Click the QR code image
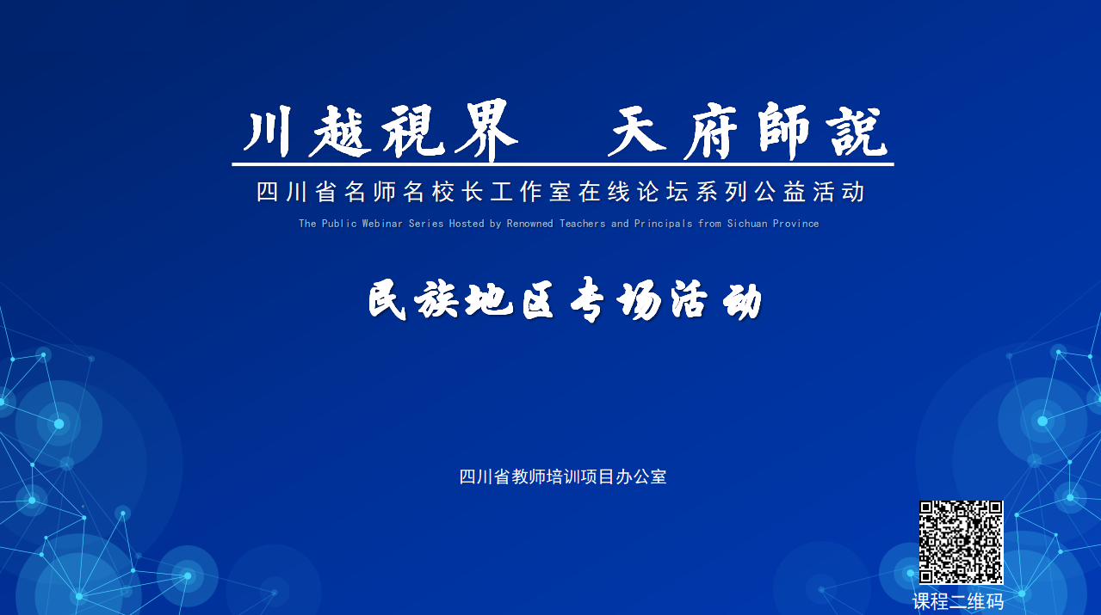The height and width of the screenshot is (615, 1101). click(x=961, y=542)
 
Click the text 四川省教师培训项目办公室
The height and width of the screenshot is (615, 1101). click(x=563, y=477)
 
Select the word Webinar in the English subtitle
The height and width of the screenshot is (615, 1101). click(x=382, y=224)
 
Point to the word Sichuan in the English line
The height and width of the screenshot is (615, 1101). click(x=747, y=224)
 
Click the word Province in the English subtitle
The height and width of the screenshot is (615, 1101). click(x=795, y=224)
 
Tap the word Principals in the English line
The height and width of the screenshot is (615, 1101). click(x=663, y=224)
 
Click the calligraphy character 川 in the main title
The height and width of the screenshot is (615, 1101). click(x=269, y=132)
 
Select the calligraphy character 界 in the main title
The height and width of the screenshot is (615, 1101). click(x=486, y=131)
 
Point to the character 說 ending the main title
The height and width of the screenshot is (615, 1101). click(x=857, y=131)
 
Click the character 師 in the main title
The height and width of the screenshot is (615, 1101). click(x=783, y=131)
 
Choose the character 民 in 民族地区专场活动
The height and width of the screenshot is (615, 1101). click(x=388, y=299)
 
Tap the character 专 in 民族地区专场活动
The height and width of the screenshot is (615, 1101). click(x=588, y=299)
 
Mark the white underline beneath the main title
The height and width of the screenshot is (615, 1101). click(x=563, y=164)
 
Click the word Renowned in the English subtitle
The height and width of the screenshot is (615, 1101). click(x=530, y=224)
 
